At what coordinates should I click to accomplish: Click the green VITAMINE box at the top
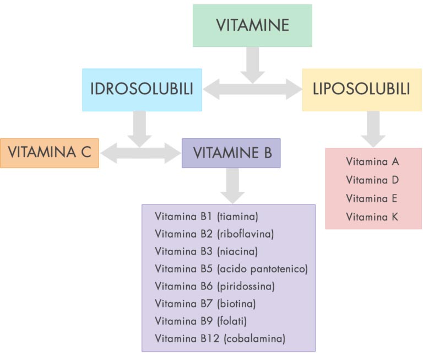click(252, 25)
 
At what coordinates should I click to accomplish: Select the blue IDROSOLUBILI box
click(142, 89)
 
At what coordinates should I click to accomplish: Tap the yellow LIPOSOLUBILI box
click(362, 89)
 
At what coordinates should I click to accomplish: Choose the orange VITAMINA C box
click(50, 153)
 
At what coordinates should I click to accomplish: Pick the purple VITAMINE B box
click(231, 153)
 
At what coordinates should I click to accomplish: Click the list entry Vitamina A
click(372, 162)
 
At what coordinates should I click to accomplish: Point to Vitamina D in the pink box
click(372, 180)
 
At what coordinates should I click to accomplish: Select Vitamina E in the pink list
click(372, 198)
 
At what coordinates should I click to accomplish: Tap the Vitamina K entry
click(372, 217)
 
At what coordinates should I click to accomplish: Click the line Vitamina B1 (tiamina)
click(207, 216)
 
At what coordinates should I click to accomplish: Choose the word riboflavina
click(246, 233)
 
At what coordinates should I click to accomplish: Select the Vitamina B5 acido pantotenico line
click(231, 268)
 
